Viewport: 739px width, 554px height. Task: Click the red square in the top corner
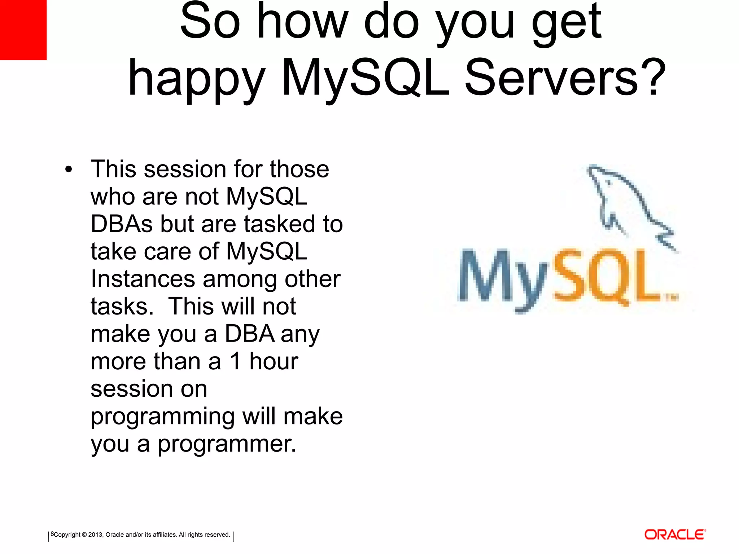tap(23, 30)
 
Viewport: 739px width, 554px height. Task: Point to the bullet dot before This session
tap(69, 170)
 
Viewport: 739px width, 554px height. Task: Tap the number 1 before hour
tap(235, 361)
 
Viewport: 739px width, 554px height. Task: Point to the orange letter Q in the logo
tap(610, 278)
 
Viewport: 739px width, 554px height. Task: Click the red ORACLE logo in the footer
tap(675, 535)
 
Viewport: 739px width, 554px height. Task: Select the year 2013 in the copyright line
tap(95, 535)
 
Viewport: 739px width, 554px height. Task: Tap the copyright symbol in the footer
tap(84, 535)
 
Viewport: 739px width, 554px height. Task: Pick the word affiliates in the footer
tap(165, 535)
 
